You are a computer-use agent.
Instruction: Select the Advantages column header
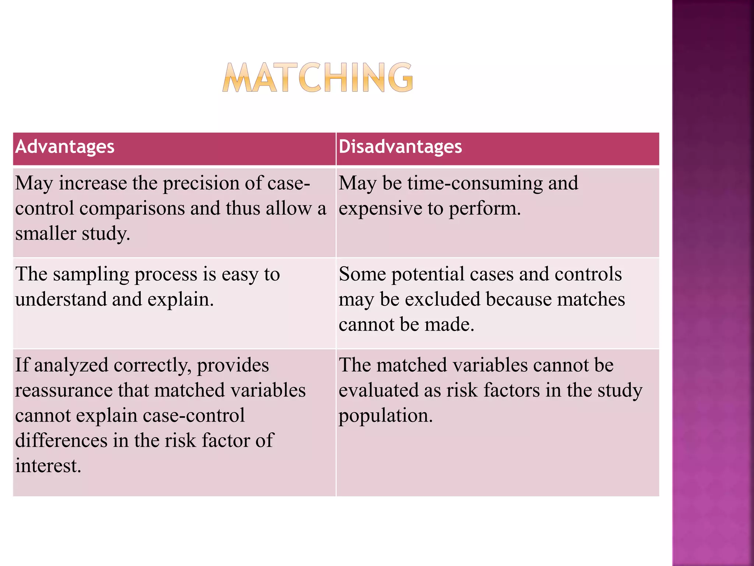tap(65, 147)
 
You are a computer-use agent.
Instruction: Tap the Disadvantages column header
tap(400, 147)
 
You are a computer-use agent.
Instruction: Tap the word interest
tap(48, 466)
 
